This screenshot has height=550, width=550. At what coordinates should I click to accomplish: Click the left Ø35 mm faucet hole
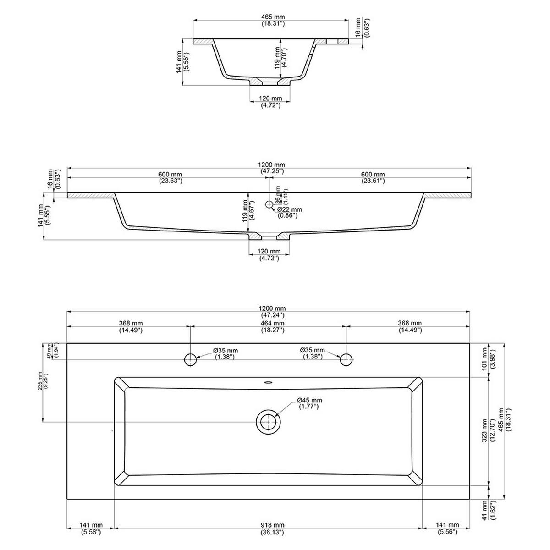coord(190,359)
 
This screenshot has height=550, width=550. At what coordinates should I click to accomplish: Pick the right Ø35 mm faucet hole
coord(346,359)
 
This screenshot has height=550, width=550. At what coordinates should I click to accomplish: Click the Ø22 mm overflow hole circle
coord(269,204)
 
